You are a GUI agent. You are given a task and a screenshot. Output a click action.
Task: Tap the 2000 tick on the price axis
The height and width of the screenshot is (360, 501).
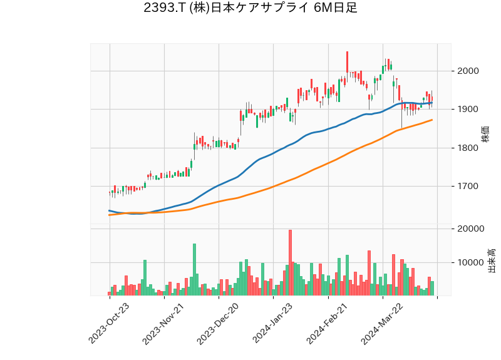tap(468, 71)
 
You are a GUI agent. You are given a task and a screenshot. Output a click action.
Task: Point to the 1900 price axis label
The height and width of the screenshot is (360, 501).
tap(468, 110)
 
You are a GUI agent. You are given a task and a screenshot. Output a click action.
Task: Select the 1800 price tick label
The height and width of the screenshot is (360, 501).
tap(468, 148)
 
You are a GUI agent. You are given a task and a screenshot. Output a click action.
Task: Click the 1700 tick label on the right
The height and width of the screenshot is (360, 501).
tap(468, 187)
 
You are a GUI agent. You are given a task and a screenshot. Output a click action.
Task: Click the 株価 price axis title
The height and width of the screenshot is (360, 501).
tap(485, 133)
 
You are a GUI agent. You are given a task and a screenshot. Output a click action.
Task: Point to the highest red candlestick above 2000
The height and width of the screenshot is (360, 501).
tap(347, 62)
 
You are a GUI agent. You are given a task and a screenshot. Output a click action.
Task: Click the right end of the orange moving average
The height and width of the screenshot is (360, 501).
tap(431, 120)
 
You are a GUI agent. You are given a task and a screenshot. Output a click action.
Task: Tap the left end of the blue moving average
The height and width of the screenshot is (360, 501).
tap(110, 210)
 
